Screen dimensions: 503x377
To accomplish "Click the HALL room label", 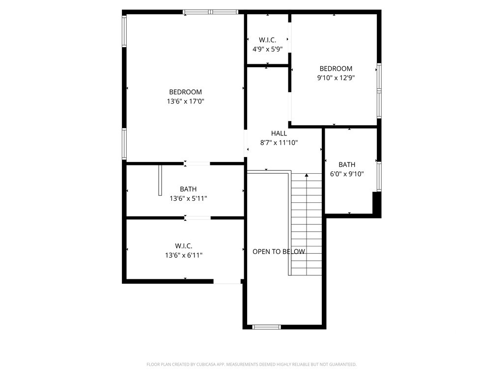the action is (279, 134).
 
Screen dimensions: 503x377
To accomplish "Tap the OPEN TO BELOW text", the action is (279, 252).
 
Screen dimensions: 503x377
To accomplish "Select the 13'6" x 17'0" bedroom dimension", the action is (185, 102).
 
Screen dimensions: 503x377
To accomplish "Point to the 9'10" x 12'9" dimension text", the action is (336, 78).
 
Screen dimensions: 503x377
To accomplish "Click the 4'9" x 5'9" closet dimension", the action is (268, 50).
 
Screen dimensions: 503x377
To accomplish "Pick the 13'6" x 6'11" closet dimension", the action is (184, 255).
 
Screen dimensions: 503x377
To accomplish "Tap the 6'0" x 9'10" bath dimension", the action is (347, 174).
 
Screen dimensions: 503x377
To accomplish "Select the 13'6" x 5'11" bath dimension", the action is (188, 199).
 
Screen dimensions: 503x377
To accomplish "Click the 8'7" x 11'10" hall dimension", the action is (279, 143).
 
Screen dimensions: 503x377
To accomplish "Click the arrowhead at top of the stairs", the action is (307, 175).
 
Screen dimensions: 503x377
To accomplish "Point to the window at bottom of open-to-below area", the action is (267, 327).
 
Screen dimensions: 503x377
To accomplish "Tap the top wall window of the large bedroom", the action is (211, 12).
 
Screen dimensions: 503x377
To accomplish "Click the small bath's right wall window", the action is (379, 177).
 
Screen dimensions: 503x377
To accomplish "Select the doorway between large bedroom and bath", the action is (197, 164).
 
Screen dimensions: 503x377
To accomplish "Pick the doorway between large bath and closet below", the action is (197, 218).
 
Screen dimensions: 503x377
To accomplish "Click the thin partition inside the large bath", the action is (161, 180).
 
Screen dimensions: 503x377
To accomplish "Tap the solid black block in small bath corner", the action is (377, 202).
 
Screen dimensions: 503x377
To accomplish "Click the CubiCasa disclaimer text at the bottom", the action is (251, 365).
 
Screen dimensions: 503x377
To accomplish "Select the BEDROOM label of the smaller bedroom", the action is (336, 69).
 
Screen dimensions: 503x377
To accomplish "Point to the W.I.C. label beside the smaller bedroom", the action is (268, 40).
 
